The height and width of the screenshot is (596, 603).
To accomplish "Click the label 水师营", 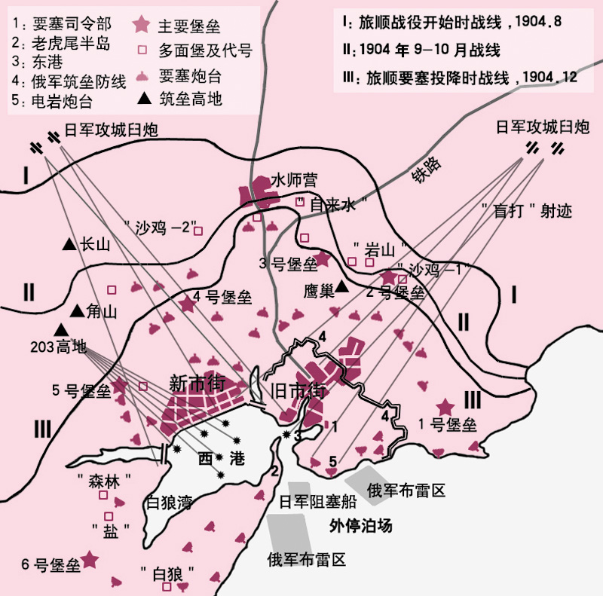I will (x=294, y=180).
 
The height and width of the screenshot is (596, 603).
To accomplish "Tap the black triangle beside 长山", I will (x=69, y=245).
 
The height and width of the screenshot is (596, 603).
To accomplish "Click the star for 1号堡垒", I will (x=446, y=406).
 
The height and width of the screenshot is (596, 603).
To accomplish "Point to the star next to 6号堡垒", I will (x=90, y=559).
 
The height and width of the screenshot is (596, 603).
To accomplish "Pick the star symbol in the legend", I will (x=141, y=26).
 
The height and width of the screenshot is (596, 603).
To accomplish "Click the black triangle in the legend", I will (x=143, y=99).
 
